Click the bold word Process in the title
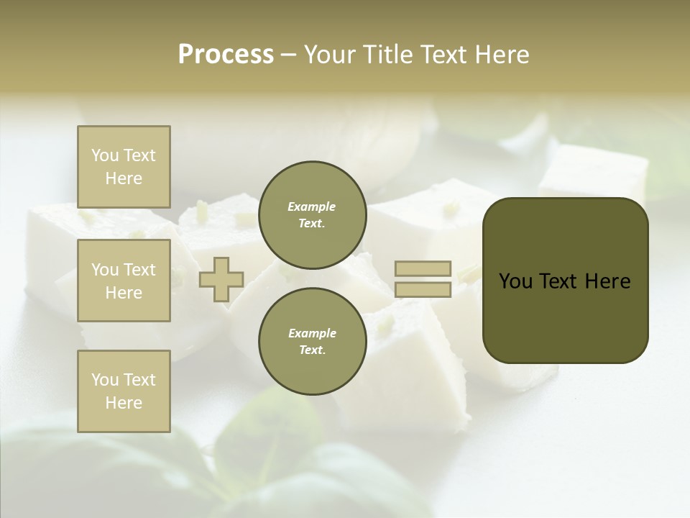(x=226, y=55)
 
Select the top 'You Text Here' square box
(x=124, y=167)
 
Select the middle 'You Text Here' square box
(x=124, y=281)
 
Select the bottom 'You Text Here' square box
(x=124, y=391)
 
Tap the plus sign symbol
(x=221, y=280)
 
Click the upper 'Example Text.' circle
(x=312, y=215)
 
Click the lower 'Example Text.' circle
(x=312, y=342)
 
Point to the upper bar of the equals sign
(x=423, y=269)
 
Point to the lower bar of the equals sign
(x=423, y=290)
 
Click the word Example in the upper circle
(x=312, y=206)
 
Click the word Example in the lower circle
(x=312, y=333)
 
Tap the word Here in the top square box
(x=124, y=178)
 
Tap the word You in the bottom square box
(x=105, y=380)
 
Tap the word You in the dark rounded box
(x=516, y=281)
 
